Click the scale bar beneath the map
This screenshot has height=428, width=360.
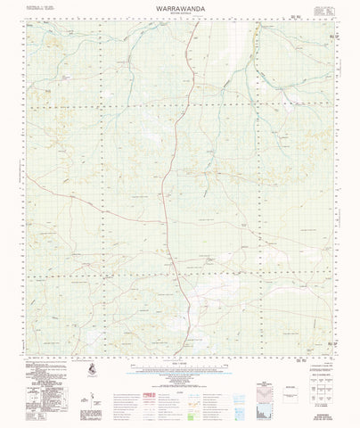179,359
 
